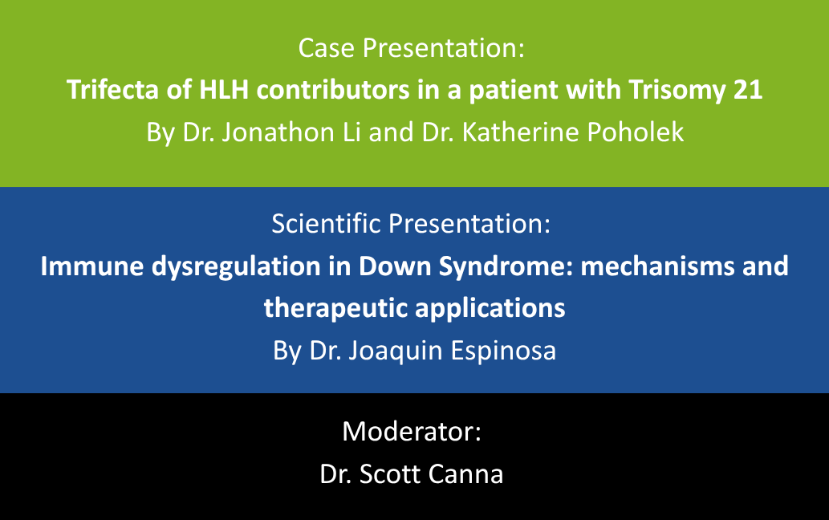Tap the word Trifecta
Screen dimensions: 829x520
click(112, 89)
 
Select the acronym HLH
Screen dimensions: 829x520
click(224, 89)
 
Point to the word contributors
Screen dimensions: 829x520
click(332, 89)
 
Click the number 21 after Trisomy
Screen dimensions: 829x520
click(748, 90)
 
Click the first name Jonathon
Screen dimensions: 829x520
click(278, 132)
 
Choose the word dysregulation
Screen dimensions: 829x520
click(236, 267)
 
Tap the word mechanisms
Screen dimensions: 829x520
click(658, 266)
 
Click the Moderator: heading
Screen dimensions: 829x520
click(412, 431)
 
